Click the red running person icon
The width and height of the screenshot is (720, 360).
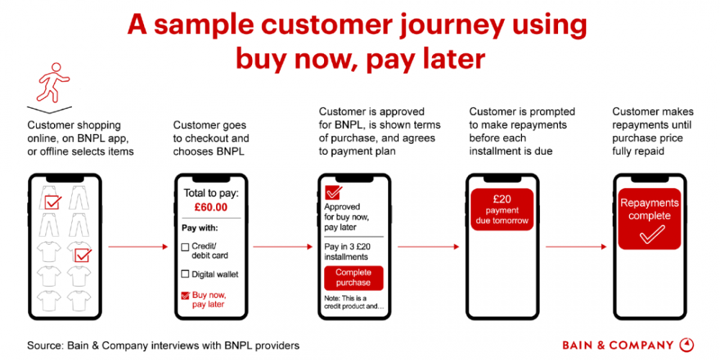coord(54,82)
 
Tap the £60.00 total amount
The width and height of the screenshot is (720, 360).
coord(211,207)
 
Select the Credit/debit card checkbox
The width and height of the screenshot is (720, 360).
coord(184,248)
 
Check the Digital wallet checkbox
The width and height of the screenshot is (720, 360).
coord(184,274)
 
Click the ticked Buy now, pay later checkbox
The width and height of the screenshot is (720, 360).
coord(185,295)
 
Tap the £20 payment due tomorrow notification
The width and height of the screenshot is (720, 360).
coord(502,210)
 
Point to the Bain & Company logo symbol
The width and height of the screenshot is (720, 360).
coord(686,345)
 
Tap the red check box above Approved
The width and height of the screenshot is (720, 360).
coord(333,192)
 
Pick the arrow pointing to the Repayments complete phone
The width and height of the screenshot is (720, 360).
coord(576,247)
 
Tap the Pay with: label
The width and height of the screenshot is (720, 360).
coord(200,228)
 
